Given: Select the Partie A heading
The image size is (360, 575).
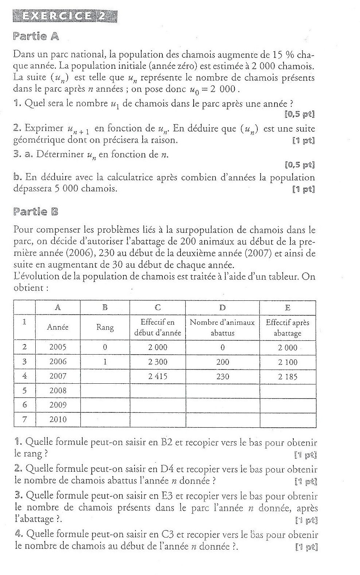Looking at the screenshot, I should pyautogui.click(x=36, y=36).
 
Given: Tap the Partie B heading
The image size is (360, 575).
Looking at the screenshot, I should pyautogui.click(x=36, y=211).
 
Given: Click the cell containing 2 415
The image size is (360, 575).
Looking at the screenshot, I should pyautogui.click(x=158, y=376).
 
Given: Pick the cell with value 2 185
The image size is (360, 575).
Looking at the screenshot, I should pyautogui.click(x=287, y=377).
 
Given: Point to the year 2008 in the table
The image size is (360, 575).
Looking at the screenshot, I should pyautogui.click(x=58, y=391).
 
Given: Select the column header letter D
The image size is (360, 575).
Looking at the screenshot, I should pyautogui.click(x=222, y=308).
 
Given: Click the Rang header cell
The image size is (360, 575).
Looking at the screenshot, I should pyautogui.click(x=105, y=327).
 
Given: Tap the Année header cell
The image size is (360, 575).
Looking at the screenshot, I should pyautogui.click(x=58, y=327).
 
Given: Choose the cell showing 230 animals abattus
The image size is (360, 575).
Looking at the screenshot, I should pyautogui.click(x=222, y=377).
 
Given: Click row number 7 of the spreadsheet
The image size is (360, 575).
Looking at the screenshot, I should pyautogui.click(x=24, y=419).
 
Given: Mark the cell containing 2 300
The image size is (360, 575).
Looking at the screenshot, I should pyautogui.click(x=158, y=362).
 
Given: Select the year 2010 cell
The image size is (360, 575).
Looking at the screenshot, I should pyautogui.click(x=58, y=419).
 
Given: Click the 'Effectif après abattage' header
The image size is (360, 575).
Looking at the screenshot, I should pyautogui.click(x=287, y=328).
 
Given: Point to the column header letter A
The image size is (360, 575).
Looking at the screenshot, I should pyautogui.click(x=58, y=308).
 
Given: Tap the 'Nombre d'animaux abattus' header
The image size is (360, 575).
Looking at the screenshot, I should pyautogui.click(x=222, y=328).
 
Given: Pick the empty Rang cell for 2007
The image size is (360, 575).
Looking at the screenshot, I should pyautogui.click(x=105, y=377).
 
